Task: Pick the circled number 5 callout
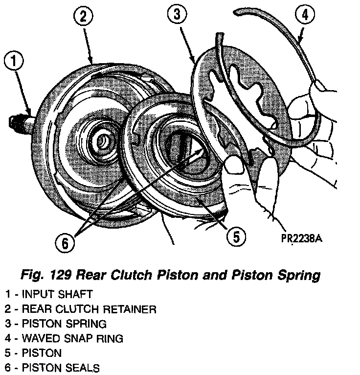point(236,237)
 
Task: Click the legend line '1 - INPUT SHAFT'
point(49,294)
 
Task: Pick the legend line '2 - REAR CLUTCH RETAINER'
point(81,309)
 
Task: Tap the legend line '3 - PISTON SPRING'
point(56,324)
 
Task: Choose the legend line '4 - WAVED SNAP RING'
point(64,338)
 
